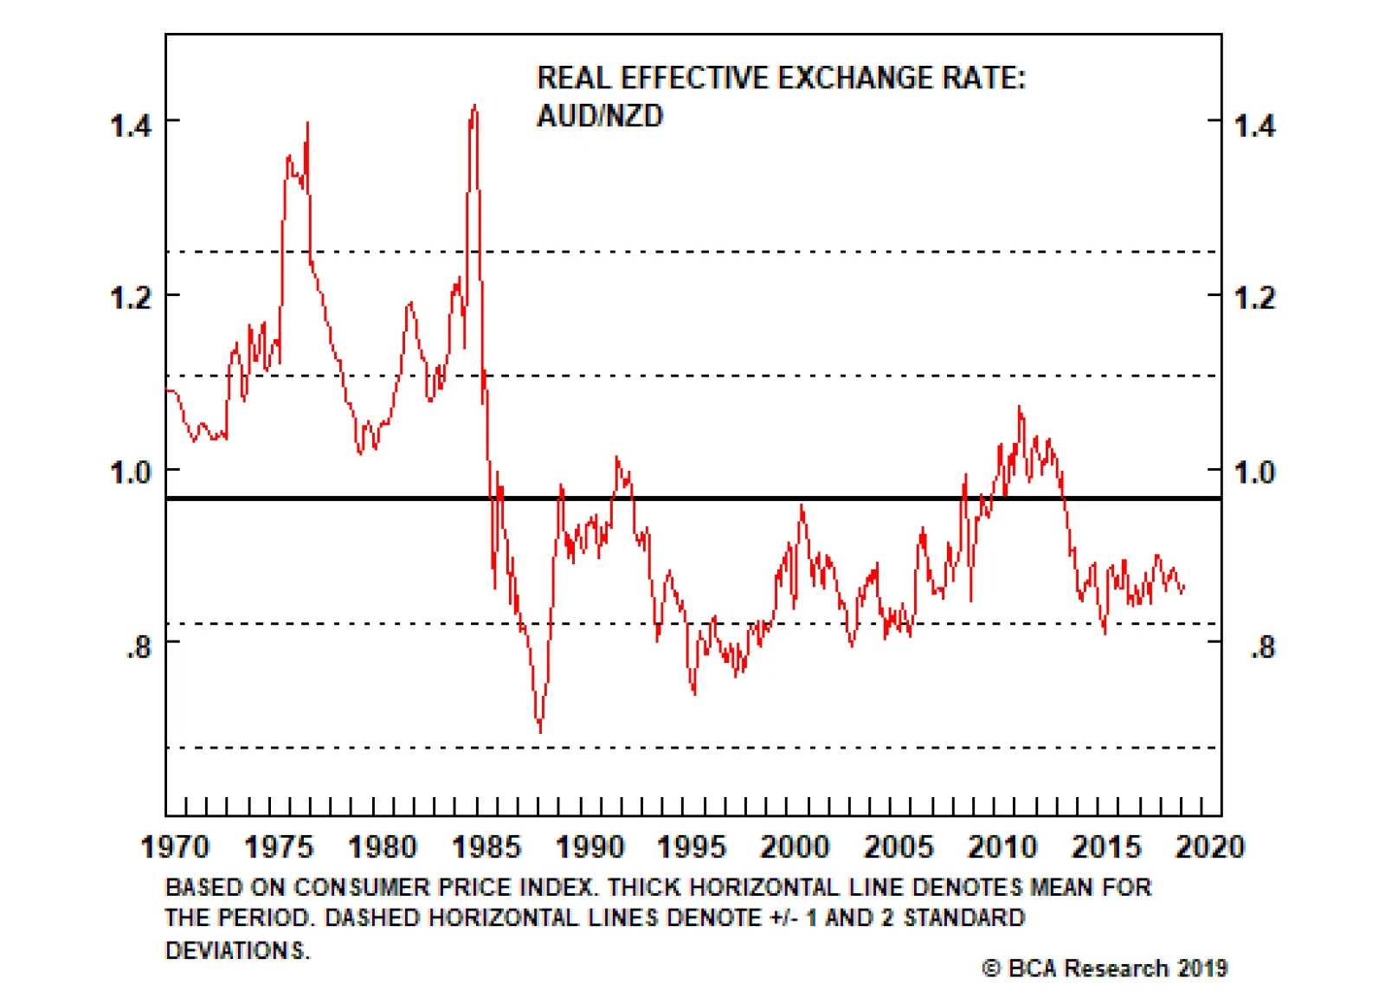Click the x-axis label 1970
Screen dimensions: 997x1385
click(x=175, y=846)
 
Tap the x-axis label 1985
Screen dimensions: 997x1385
click(x=486, y=846)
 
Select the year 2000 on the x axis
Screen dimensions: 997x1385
click(x=795, y=846)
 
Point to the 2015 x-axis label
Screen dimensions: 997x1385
click(x=1106, y=846)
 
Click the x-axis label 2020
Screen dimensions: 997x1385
click(x=1209, y=846)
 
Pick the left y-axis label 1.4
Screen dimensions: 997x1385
click(x=131, y=125)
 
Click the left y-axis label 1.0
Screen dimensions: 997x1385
click(x=131, y=473)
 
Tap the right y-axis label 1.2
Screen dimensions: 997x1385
click(x=1254, y=299)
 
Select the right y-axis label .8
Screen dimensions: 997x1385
click(x=1263, y=646)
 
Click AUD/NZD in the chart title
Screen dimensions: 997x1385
click(x=600, y=116)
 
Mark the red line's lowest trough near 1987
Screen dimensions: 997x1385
click(x=541, y=732)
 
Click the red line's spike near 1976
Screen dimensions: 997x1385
click(x=307, y=123)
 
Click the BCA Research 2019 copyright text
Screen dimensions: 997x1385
click(x=1105, y=968)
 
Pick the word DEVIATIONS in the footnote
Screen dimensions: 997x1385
click(x=236, y=950)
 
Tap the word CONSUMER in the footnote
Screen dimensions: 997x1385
click(x=363, y=887)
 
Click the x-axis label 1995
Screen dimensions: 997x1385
click(x=692, y=846)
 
